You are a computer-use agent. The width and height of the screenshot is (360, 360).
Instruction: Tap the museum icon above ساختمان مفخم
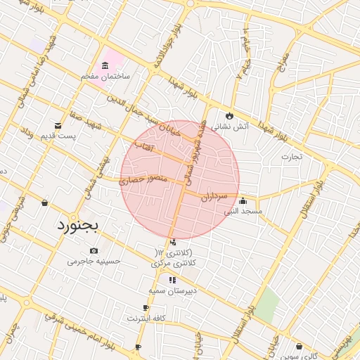pyautogui.click(x=105, y=65)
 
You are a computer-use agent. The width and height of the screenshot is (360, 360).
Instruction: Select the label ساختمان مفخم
pyautogui.click(x=105, y=75)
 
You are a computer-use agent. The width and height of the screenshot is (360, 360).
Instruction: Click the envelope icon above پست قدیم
pyautogui.click(x=58, y=125)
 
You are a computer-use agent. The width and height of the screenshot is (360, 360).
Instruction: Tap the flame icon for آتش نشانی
pyautogui.click(x=229, y=116)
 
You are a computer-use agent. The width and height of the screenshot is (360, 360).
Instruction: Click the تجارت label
pyautogui.click(x=292, y=156)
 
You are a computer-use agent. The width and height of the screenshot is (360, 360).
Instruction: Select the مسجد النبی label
pyautogui.click(x=243, y=210)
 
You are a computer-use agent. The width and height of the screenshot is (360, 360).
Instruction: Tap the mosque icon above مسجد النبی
pyautogui.click(x=243, y=200)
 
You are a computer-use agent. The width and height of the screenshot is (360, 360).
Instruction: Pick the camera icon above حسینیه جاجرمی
pyautogui.click(x=94, y=251)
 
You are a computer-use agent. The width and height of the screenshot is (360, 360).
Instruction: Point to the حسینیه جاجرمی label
pyautogui.click(x=94, y=261)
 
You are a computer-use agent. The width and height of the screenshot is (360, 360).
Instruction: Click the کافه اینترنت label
pyautogui.click(x=146, y=318)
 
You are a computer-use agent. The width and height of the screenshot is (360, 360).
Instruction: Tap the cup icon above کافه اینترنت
pyautogui.click(x=146, y=308)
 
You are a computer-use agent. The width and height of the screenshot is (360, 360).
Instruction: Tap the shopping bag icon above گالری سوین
pyautogui.click(x=300, y=346)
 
